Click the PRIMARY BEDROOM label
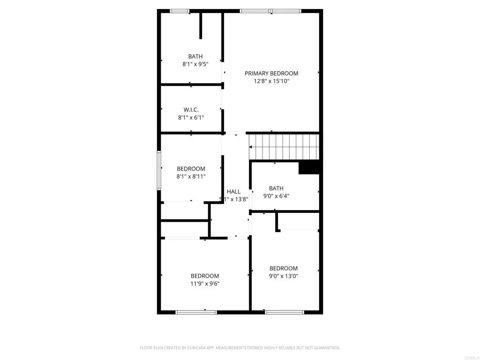tap(271, 73)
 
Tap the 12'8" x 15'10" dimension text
tap(271, 81)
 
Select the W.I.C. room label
tap(191, 110)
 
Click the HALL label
tap(233, 191)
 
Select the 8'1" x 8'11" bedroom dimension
tap(191, 177)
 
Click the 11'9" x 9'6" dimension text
tap(205, 284)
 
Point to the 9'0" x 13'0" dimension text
tap(283, 276)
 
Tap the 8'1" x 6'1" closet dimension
tap(191, 118)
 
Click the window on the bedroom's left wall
tap(159, 170)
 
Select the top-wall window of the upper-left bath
tap(180, 11)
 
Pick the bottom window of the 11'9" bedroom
tap(196, 312)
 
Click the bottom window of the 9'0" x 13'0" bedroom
tap(285, 312)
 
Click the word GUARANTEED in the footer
tap(325, 348)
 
